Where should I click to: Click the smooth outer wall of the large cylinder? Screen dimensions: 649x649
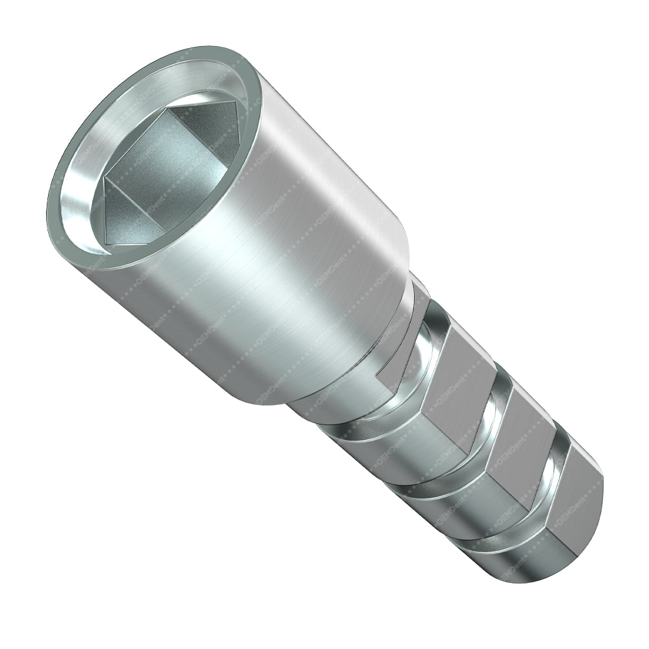pyautogui.click(x=273, y=260)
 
